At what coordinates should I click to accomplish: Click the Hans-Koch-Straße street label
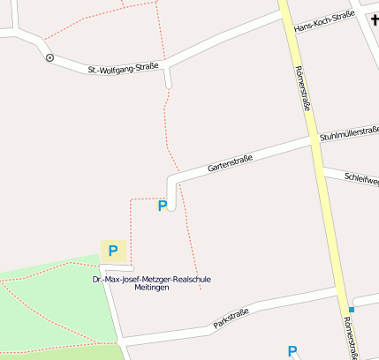tap(324, 21)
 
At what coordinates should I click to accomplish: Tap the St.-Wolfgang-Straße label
tap(123, 71)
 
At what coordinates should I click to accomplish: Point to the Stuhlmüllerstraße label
tap(350, 134)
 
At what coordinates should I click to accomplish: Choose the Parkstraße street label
tap(231, 318)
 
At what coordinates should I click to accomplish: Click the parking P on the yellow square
tap(113, 251)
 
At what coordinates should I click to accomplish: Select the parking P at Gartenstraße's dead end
tap(162, 206)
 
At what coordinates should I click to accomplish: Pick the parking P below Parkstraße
tap(292, 351)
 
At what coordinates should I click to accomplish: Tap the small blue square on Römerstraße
tap(352, 310)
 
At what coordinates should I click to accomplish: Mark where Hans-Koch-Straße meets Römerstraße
tap(289, 33)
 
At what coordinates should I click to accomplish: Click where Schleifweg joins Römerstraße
tap(322, 168)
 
